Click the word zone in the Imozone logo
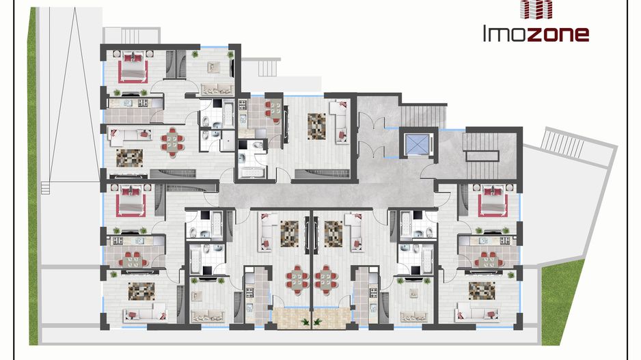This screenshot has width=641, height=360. [x=558, y=34]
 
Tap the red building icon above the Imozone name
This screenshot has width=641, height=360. [x=536, y=9]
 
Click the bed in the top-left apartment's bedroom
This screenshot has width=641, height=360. [x=133, y=66]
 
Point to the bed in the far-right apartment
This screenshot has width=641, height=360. [x=493, y=200]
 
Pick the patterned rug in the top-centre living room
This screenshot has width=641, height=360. [x=317, y=126]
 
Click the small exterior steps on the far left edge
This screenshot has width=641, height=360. [x=45, y=189]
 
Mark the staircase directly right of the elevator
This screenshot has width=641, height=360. [x=482, y=154]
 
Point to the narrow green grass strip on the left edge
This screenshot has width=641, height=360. [x=32, y=176]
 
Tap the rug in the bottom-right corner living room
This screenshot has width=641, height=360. [x=482, y=290]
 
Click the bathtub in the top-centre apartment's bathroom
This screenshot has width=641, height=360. [x=253, y=172]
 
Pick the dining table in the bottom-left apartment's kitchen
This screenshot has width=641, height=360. [x=134, y=260]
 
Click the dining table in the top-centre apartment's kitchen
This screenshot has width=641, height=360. [x=273, y=109]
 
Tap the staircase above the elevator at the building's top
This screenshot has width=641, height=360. [x=424, y=115]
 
